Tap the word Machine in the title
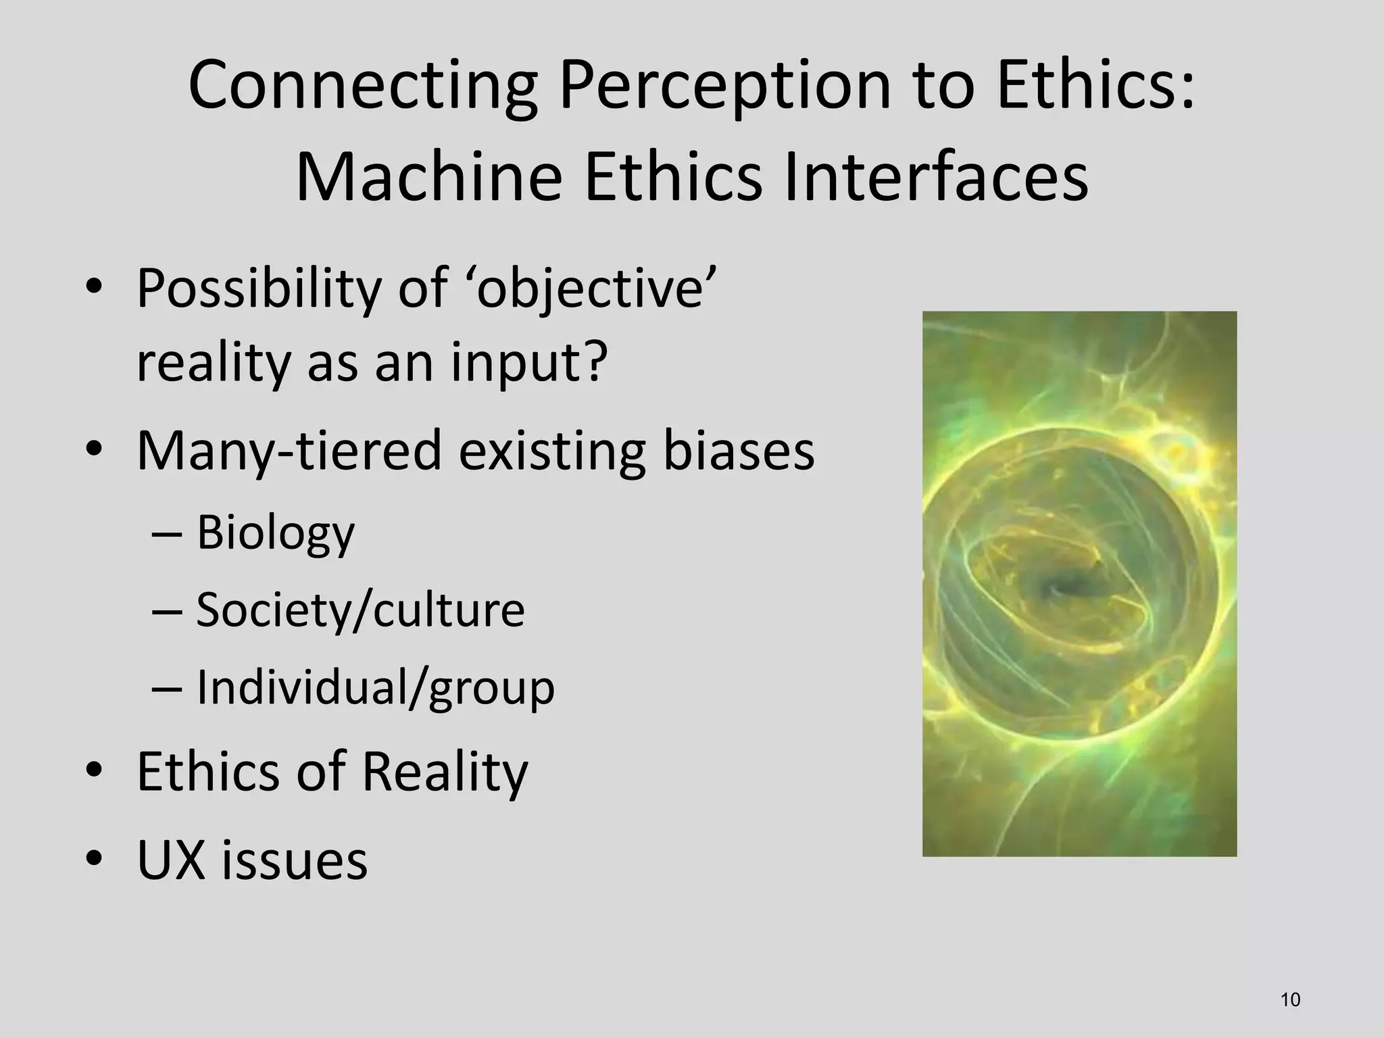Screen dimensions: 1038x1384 [x=429, y=178]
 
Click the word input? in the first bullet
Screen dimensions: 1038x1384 [x=526, y=363]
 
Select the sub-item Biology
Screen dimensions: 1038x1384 [x=275, y=533]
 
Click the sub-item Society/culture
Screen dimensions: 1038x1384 [x=360, y=610]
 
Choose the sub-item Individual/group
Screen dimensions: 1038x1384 [x=375, y=687]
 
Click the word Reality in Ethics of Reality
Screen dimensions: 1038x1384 [x=444, y=772]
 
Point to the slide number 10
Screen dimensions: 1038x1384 [x=1290, y=1000]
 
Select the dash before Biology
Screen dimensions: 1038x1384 [x=167, y=534]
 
